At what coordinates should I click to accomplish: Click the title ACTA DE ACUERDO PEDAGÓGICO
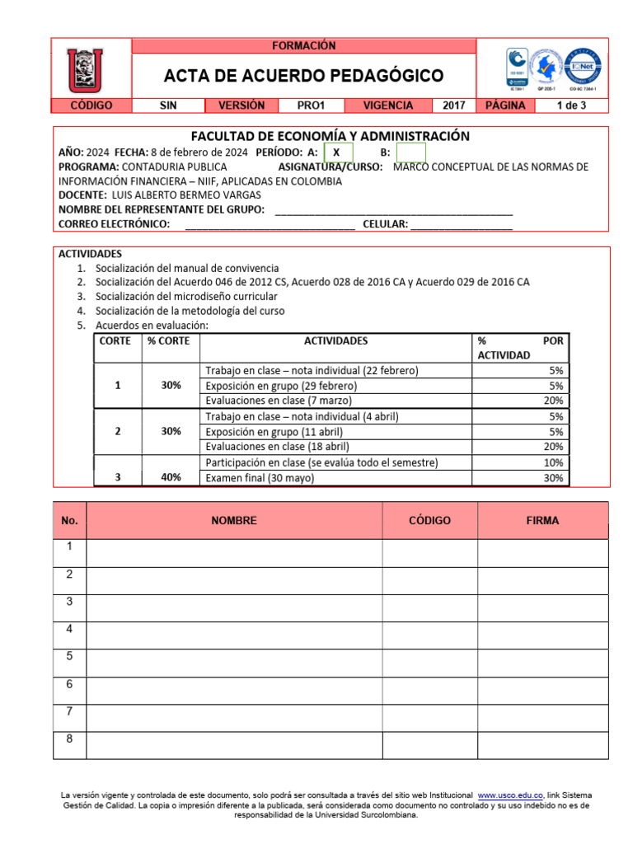click(303, 77)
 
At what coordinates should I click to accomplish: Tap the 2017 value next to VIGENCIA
click(454, 105)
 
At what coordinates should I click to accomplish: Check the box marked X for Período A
click(337, 153)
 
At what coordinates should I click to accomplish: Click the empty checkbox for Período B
click(410, 153)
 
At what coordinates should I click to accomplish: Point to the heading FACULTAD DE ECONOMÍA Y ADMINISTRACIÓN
click(331, 136)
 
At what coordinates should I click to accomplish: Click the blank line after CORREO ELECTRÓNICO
click(270, 224)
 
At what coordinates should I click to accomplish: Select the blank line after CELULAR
click(461, 224)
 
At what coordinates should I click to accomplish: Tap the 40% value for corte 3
click(171, 477)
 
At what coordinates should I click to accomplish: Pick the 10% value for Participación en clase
click(553, 462)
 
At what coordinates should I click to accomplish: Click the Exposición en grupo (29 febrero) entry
click(281, 386)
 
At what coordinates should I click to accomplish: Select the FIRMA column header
click(542, 521)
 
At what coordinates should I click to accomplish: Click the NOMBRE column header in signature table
click(234, 521)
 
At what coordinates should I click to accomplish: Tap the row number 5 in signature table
click(70, 656)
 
